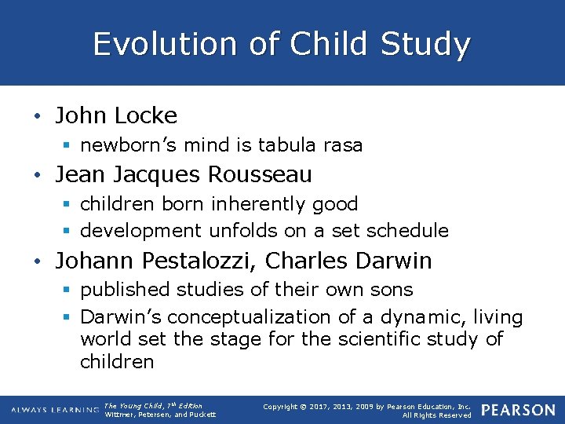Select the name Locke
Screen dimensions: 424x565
click(x=145, y=116)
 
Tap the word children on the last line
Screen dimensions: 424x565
click(x=117, y=362)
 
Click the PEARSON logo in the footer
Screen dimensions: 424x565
click(x=517, y=410)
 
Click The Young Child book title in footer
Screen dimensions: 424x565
click(x=133, y=406)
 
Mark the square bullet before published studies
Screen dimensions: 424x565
click(x=68, y=291)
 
